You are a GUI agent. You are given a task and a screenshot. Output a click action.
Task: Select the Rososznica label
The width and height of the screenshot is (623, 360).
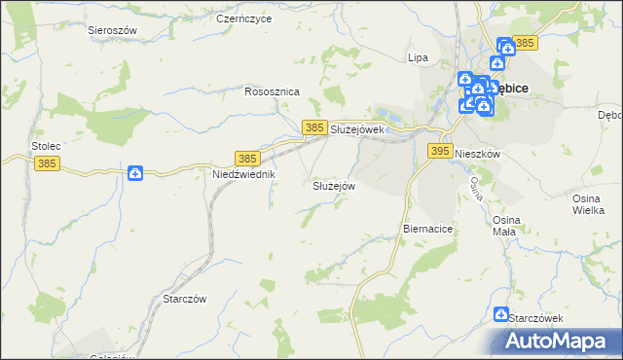273,91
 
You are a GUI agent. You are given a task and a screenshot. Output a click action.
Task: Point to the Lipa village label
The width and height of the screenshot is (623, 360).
418,57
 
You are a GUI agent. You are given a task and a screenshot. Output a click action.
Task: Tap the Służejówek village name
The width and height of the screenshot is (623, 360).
359,129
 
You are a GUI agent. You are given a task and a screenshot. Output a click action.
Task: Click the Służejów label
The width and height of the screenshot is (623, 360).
334,185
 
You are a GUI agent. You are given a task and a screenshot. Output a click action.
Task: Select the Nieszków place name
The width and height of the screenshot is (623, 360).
477,155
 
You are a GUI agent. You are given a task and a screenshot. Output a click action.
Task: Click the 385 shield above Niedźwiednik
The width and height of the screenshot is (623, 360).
247,158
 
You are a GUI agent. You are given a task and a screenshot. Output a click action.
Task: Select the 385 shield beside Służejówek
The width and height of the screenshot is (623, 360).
313,127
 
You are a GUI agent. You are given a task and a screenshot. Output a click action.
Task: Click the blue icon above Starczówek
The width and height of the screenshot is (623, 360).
501,314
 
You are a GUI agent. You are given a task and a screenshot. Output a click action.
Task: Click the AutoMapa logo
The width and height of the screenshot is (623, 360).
561,341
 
